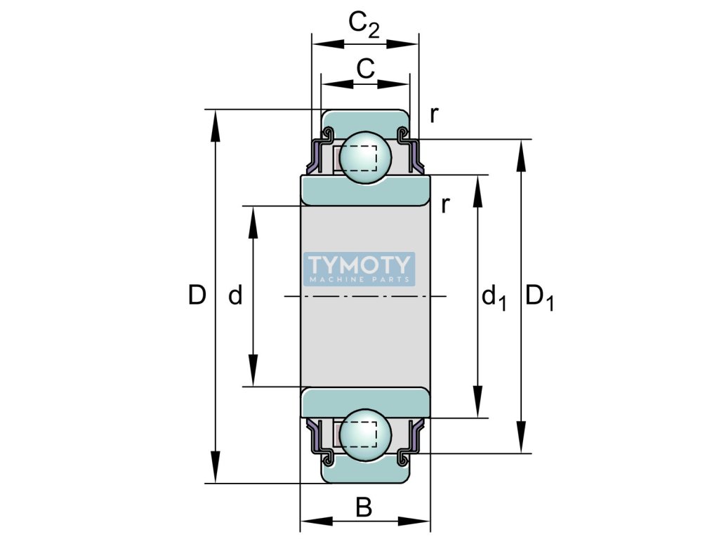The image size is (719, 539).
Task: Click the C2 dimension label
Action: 364,26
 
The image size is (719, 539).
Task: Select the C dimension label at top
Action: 365,68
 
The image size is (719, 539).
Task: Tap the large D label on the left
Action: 197,296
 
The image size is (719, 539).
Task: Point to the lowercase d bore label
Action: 236,296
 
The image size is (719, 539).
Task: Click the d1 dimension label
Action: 494,298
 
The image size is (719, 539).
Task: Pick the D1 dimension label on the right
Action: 539,298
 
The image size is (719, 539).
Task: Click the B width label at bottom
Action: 364,507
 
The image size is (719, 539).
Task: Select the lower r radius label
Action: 445,204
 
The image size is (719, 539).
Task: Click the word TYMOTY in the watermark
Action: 359,265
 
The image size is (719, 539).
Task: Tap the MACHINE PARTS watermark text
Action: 359,279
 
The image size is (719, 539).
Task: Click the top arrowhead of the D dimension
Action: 215,124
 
